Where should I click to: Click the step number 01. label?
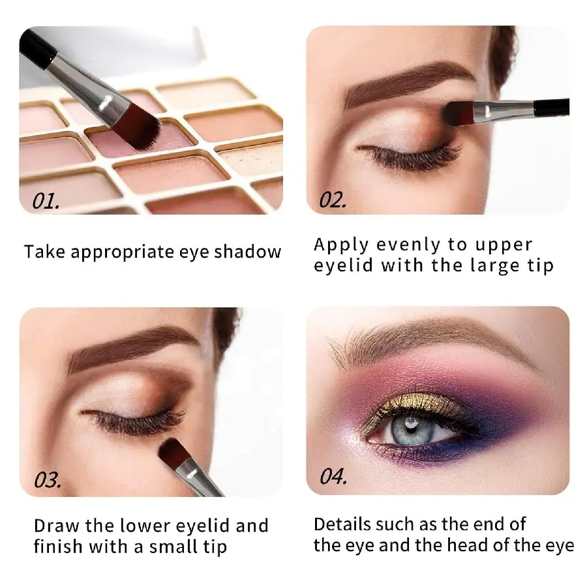tap(46, 200)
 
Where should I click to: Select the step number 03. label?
tap(48, 481)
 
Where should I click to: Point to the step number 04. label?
tap(333, 477)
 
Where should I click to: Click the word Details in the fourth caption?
tap(342, 524)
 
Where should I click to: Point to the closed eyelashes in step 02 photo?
tap(398, 158)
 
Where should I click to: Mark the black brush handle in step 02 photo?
tap(552, 106)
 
